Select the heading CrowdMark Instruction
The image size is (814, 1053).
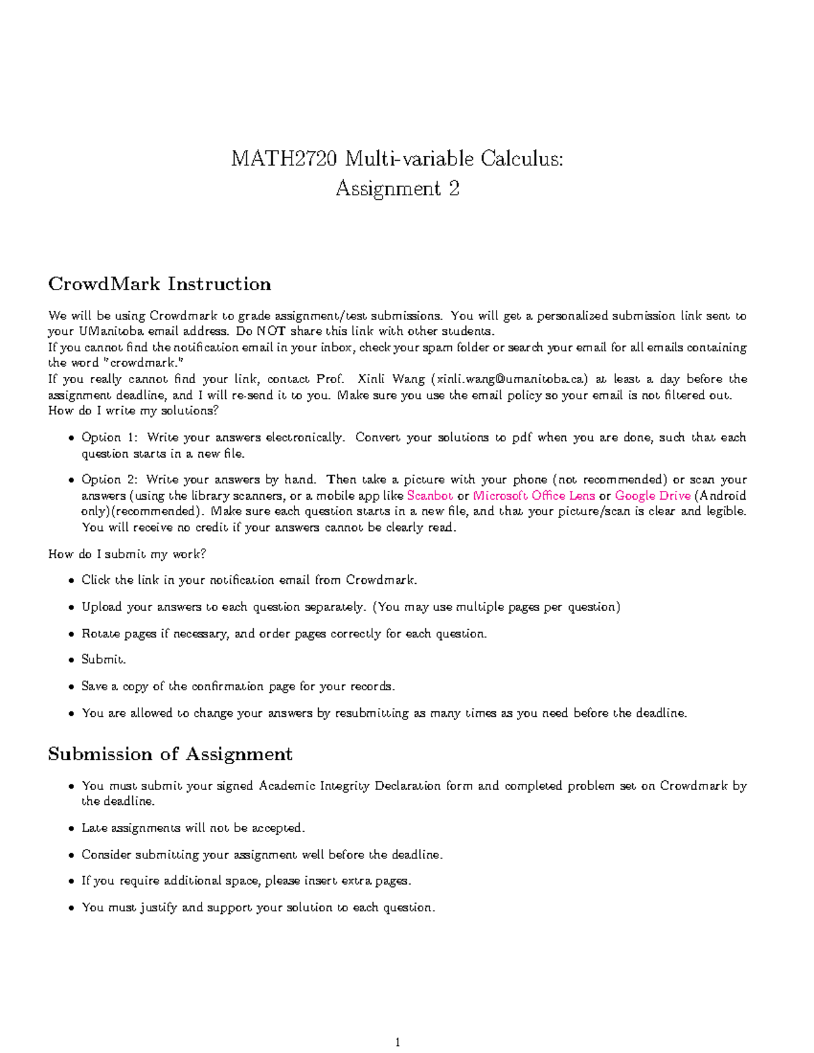159,283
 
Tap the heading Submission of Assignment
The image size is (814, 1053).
170,754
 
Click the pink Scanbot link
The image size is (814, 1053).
430,496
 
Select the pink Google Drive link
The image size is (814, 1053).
653,496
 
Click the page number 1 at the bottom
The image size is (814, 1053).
398,1042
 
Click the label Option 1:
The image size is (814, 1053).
111,437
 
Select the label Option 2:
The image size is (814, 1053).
111,479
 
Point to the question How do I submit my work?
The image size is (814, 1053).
127,554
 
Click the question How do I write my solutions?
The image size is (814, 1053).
134,411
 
